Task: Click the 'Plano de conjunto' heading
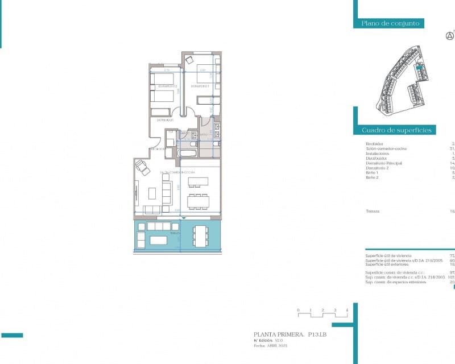[390, 23]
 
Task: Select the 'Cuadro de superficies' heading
[398, 130]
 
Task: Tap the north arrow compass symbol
[450, 36]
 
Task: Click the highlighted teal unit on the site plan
[419, 67]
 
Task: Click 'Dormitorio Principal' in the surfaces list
[384, 163]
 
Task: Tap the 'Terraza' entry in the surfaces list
[373, 211]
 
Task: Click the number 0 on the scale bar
[299, 311]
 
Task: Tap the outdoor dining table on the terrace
[200, 236]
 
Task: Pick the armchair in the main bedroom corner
[190, 59]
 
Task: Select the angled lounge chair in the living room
[140, 167]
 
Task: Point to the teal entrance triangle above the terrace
[183, 218]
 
